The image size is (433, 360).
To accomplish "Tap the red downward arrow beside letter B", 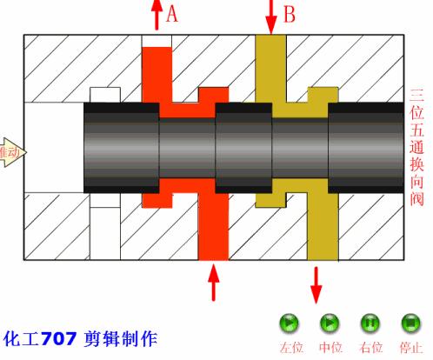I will pyautogui.click(x=270, y=15).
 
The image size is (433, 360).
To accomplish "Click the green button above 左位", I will pyautogui.click(x=289, y=323).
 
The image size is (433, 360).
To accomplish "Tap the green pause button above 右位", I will pyautogui.click(x=370, y=323).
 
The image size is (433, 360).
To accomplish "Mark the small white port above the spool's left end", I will pyautogui.click(x=104, y=94).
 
